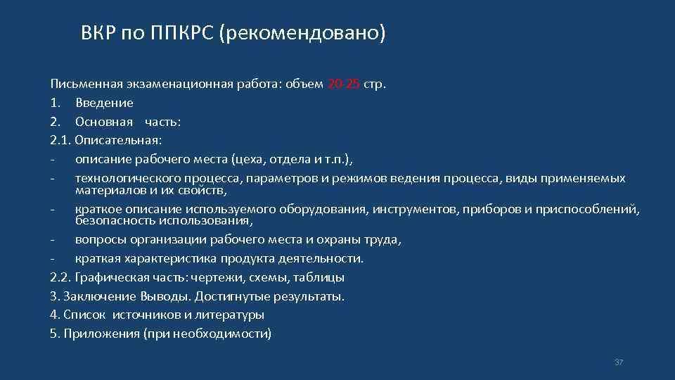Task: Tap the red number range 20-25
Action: [x=344, y=84]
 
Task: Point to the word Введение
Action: [x=104, y=103]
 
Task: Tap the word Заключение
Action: [x=94, y=296]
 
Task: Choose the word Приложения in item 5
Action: [x=101, y=333]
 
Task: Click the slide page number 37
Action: [x=619, y=362]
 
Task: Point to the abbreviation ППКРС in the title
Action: [x=182, y=33]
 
